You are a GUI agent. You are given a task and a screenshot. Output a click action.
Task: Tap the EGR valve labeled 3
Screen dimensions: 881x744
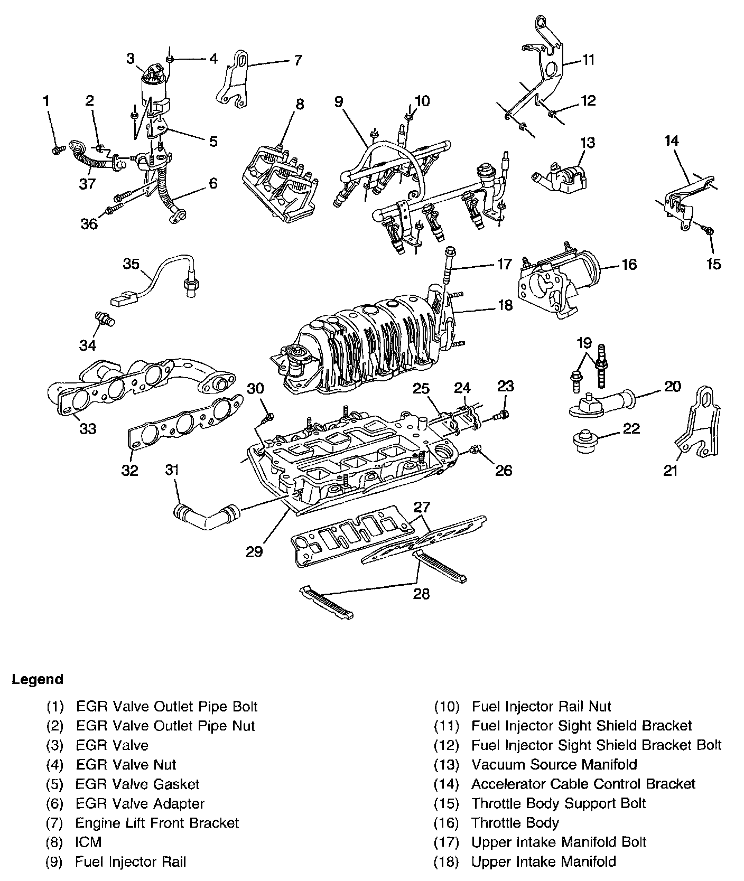click(154, 85)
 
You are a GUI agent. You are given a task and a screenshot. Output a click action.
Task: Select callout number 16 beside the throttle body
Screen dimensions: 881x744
click(629, 264)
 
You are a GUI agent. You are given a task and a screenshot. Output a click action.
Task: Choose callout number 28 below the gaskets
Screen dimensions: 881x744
click(421, 594)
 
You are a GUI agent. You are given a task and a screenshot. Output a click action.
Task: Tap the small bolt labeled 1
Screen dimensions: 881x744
click(57, 150)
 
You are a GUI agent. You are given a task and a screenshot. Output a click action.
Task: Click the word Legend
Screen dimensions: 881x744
click(38, 679)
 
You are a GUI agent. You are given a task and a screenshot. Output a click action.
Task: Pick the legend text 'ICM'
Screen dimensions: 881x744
click(88, 842)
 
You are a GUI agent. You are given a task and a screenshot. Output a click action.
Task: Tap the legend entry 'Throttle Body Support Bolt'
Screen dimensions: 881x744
click(559, 803)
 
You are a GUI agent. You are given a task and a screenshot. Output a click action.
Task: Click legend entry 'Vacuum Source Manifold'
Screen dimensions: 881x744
click(554, 764)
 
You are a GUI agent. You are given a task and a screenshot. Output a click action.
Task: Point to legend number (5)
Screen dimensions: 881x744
click(54, 784)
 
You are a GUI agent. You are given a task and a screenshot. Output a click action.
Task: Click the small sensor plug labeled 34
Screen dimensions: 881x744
click(105, 319)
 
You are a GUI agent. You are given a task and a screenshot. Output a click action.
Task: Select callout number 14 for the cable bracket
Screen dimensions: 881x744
click(672, 141)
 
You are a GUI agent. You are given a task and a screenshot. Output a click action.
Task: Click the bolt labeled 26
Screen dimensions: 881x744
click(475, 450)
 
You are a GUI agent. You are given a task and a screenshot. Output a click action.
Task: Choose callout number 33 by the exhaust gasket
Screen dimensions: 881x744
click(88, 428)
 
